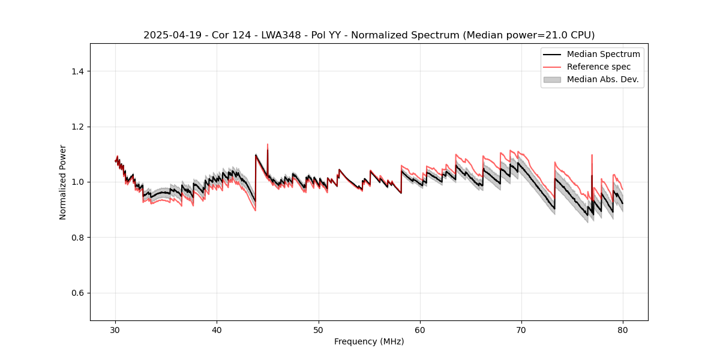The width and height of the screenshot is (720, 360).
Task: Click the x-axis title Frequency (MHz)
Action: (x=369, y=341)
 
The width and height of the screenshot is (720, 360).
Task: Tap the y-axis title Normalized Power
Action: (x=63, y=182)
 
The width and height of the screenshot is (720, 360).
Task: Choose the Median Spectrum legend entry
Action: (x=603, y=54)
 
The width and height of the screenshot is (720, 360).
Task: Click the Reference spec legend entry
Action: (x=598, y=67)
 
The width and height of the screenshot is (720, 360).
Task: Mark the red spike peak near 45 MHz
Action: (x=268, y=144)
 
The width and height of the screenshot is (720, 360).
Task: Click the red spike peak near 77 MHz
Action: (x=592, y=155)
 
